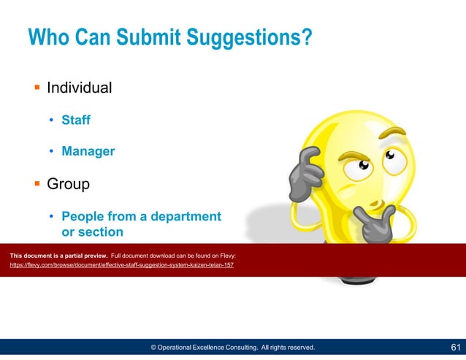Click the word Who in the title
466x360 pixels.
pos(51,37)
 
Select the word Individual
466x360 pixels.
pos(79,88)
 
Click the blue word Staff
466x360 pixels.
pos(75,120)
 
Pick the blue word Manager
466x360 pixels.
pos(88,151)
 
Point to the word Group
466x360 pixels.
pos(68,184)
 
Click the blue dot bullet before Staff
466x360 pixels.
pos(50,120)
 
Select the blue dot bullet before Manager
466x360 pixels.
pos(50,152)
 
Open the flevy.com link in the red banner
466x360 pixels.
pos(121,265)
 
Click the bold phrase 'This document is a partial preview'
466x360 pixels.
pos(58,256)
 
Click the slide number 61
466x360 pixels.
pos(454,348)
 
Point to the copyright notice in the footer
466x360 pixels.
pos(232,348)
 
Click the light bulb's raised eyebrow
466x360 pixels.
pos(395,134)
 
